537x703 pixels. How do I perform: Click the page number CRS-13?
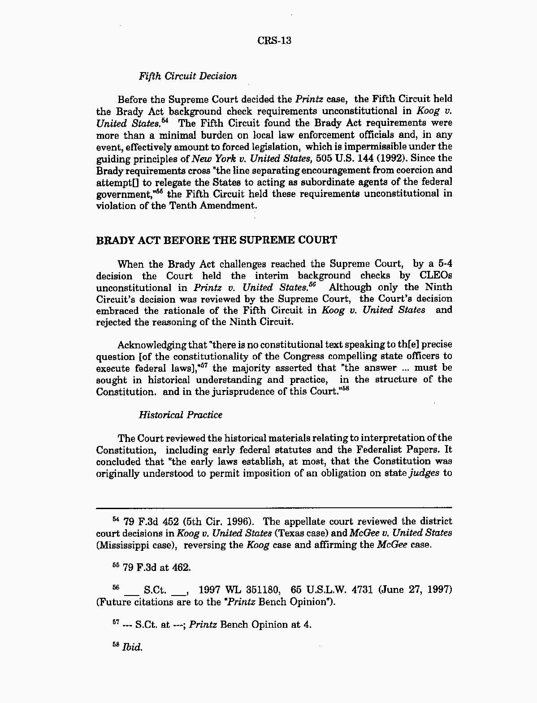274,41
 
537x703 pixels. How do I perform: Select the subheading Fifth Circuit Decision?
188,76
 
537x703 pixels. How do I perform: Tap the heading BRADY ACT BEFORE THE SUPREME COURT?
217,240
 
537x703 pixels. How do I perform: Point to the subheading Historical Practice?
180,415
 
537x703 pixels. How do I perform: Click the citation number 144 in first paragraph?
359,159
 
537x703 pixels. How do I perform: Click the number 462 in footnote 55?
181,568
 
